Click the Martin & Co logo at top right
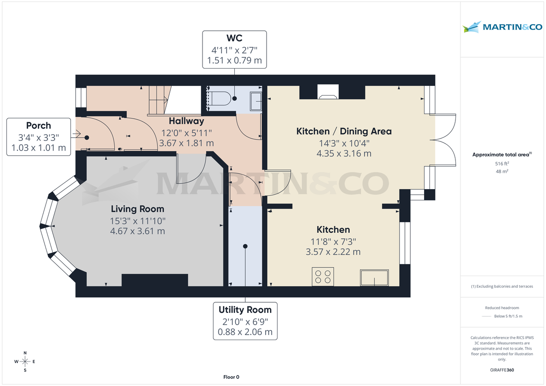click(502, 27)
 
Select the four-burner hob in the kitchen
click(323, 277)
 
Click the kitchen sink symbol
click(374, 277)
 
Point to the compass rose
click(25, 361)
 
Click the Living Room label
click(137, 209)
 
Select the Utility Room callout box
click(245, 321)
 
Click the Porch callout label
click(39, 125)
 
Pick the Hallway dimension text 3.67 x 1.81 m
click(186, 143)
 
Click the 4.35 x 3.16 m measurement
click(344, 153)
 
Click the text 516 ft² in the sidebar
click(502, 163)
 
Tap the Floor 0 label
click(231, 377)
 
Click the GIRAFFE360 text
click(502, 370)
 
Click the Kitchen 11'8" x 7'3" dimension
click(334, 241)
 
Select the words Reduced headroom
click(502, 308)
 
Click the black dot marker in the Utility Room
click(245, 246)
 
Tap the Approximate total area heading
click(501, 155)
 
